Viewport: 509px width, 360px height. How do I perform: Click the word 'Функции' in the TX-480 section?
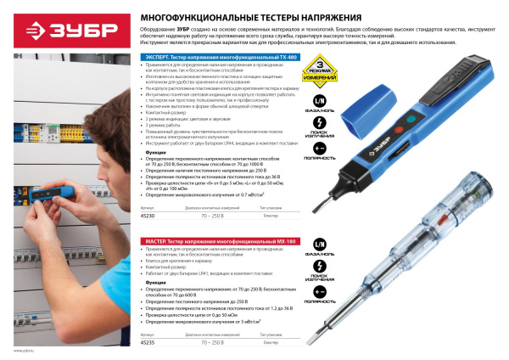(x=143, y=153)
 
